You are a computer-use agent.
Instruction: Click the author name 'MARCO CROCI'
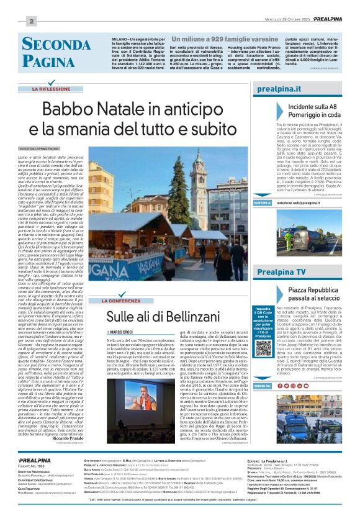(124, 333)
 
